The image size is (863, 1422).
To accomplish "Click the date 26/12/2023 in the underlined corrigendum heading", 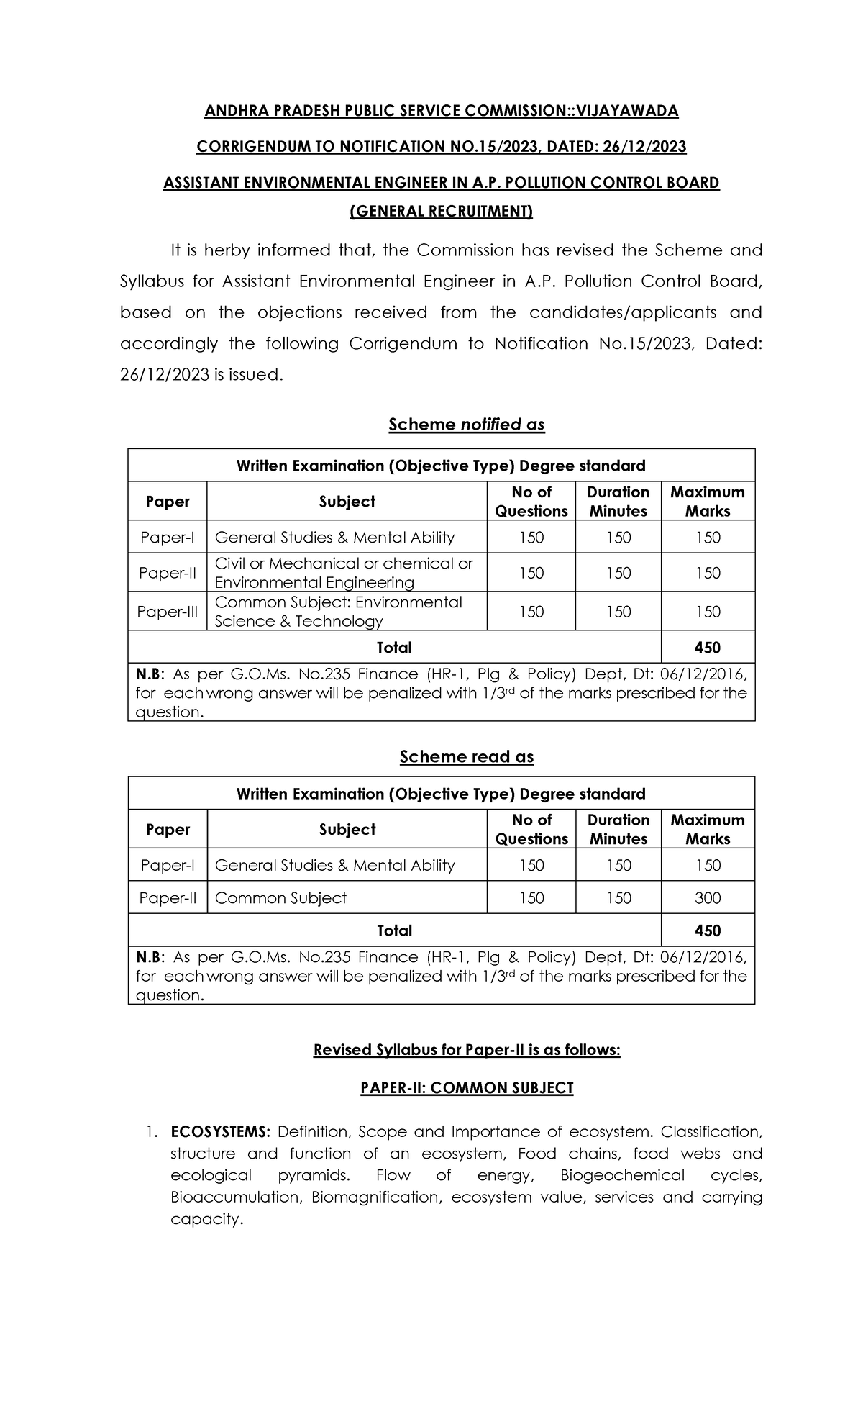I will pyautogui.click(x=647, y=147).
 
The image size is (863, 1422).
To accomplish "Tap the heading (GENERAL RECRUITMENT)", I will pyautogui.click(x=441, y=212).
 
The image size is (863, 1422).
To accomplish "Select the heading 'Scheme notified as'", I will pyautogui.click(x=466, y=425).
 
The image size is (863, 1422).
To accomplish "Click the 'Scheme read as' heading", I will pyautogui.click(x=466, y=756).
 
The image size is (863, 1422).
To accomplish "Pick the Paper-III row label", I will pyautogui.click(x=167, y=612).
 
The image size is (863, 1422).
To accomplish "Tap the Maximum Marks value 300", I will pyautogui.click(x=708, y=898).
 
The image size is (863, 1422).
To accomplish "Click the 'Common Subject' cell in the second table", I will pyautogui.click(x=280, y=898).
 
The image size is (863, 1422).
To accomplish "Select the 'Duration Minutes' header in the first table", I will pyautogui.click(x=618, y=502).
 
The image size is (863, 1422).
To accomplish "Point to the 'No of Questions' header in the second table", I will pyautogui.click(x=531, y=829).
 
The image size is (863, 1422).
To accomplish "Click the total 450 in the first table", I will pyautogui.click(x=708, y=648).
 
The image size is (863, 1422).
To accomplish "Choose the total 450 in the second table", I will pyautogui.click(x=708, y=931).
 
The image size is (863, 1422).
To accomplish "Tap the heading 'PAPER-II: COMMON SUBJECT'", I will pyautogui.click(x=466, y=1088).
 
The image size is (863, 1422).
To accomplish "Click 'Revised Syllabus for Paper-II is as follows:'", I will pyautogui.click(x=466, y=1050).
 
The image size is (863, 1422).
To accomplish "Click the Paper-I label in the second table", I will pyautogui.click(x=167, y=866).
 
